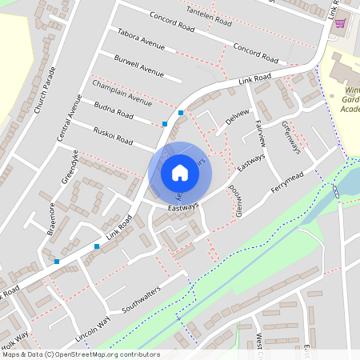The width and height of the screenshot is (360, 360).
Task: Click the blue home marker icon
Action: (180, 173)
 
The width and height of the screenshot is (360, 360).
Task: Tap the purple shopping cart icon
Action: (340, 23)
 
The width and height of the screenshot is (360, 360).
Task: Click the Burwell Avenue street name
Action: (138, 65)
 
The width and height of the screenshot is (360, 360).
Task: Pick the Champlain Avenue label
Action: (122, 93)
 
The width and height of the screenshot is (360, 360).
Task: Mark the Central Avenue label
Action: (69, 118)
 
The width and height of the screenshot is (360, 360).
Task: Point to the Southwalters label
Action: (141, 297)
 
